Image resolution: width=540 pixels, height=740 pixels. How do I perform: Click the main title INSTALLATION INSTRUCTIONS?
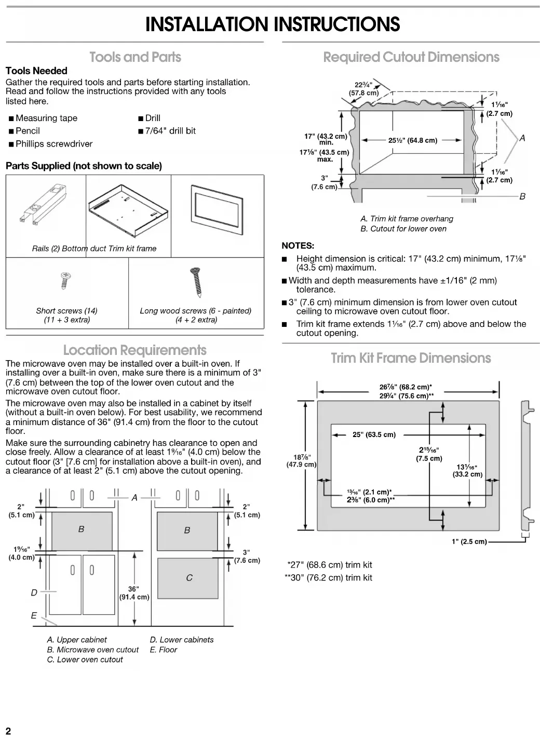click(x=273, y=24)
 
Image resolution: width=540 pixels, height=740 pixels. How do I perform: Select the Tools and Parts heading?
click(x=135, y=57)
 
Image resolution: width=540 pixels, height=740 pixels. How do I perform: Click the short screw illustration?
click(x=65, y=280)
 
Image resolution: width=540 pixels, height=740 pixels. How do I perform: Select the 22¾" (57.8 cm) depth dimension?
click(x=363, y=89)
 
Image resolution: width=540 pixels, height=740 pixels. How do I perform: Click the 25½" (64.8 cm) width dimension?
click(x=413, y=140)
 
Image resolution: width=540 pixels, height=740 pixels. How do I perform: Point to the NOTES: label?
click(x=298, y=246)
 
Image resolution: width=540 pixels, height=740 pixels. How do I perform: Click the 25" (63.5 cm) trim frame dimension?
click(x=374, y=434)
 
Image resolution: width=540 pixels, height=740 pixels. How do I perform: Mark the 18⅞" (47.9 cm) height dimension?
click(x=301, y=461)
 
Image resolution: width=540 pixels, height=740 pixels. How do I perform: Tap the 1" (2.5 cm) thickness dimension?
click(x=469, y=541)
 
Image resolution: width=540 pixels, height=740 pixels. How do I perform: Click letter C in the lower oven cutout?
click(x=189, y=578)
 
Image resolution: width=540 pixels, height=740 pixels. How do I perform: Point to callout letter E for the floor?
click(x=34, y=616)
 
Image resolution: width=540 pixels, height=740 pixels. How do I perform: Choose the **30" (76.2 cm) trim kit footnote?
click(x=328, y=578)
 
